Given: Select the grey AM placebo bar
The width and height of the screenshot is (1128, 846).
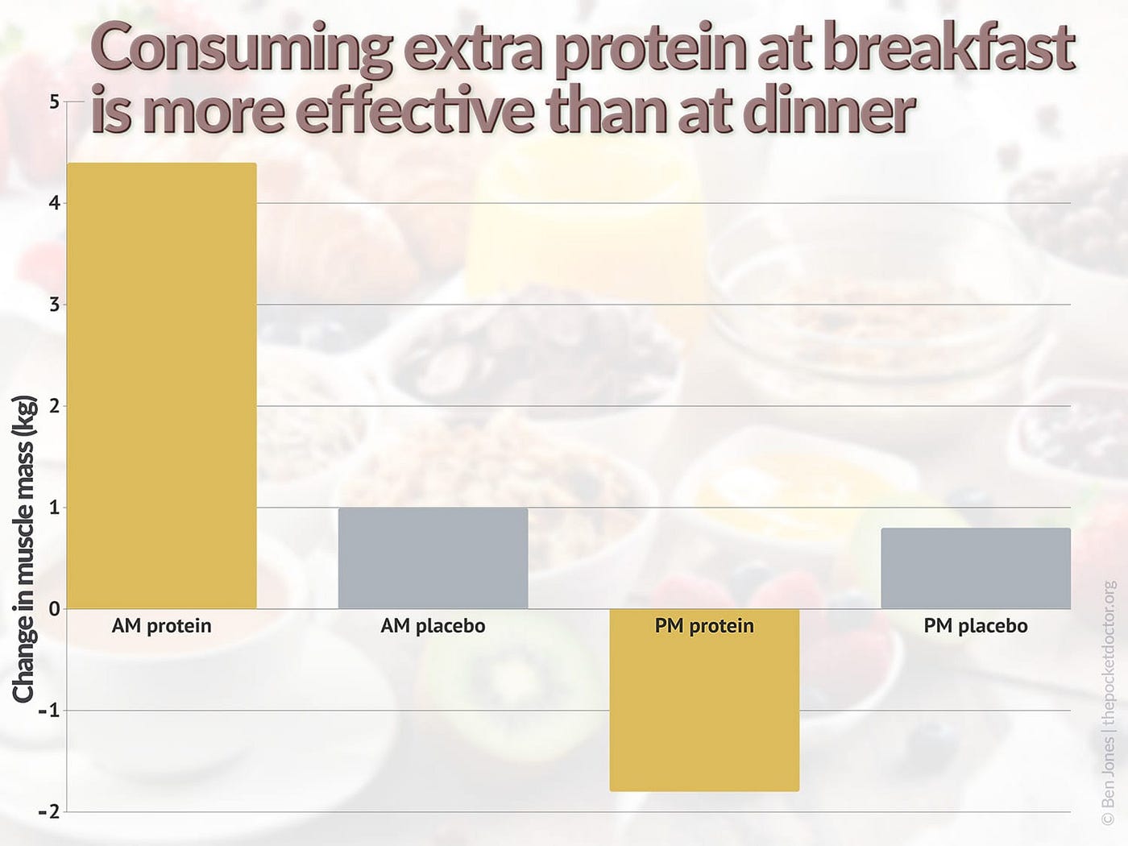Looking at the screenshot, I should (433, 558).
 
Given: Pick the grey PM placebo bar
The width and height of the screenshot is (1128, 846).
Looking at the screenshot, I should (975, 568).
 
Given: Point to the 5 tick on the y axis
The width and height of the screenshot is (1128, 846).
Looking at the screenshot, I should (54, 102).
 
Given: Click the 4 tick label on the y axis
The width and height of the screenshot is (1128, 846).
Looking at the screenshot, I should (54, 203).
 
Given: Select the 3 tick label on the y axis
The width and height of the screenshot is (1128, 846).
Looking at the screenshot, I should (54, 305).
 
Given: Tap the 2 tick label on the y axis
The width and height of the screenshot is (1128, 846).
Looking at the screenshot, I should (54, 406).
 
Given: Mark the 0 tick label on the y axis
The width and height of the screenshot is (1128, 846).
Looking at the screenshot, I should (54, 609).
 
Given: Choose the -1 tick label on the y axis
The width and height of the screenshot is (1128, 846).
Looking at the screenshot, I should (50, 711).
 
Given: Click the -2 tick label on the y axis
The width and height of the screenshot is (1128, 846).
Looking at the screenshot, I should (50, 812).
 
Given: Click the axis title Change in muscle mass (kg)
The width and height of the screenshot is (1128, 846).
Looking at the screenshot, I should (24, 548).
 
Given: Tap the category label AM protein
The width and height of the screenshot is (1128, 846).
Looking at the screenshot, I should (162, 626).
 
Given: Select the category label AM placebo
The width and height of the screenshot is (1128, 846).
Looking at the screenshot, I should (433, 626).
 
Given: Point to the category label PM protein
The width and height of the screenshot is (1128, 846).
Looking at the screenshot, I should (704, 626).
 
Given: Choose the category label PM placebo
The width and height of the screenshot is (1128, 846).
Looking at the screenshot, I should (975, 626).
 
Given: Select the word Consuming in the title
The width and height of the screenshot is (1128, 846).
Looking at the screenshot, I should (242, 48).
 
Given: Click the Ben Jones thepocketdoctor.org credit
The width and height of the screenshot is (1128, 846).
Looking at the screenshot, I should (1109, 701).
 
